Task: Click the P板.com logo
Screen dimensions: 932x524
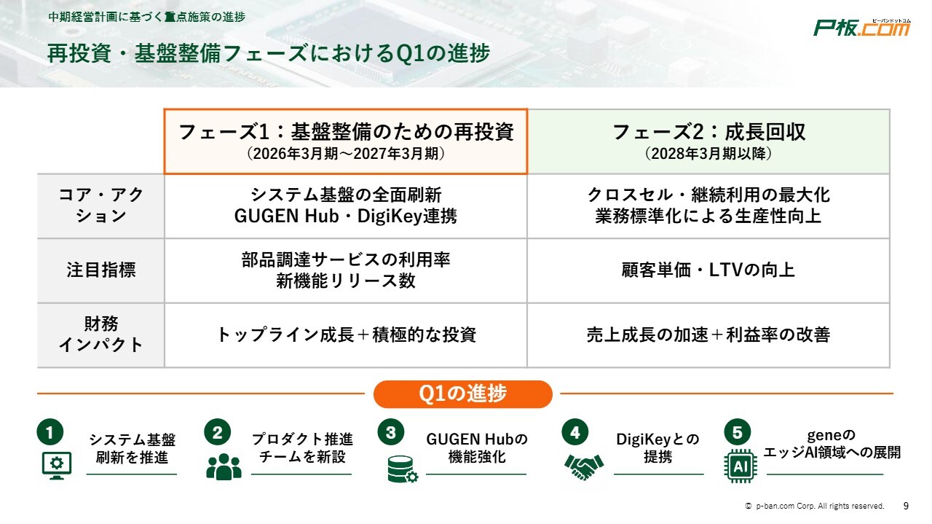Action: pos(861,28)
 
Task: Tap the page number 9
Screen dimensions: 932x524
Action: pos(906,506)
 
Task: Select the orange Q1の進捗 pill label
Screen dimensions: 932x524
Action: pos(462,394)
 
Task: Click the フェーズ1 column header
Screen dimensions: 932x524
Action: pos(346,141)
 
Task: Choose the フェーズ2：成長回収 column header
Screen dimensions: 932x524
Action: pos(708,141)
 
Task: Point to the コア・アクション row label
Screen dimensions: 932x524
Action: pos(100,206)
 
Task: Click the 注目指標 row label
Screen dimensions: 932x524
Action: pos(100,270)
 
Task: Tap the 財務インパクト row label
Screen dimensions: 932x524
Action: pos(100,335)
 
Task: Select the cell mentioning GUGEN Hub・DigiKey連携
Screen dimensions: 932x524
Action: pos(346,206)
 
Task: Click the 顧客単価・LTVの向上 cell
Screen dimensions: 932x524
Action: pos(708,270)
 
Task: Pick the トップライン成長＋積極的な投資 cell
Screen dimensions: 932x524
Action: pos(346,335)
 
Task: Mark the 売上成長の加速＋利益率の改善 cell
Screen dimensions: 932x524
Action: pos(708,335)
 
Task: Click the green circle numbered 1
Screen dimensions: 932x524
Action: pos(50,432)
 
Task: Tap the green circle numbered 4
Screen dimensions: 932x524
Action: pos(575,432)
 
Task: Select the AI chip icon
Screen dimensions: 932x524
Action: pos(741,466)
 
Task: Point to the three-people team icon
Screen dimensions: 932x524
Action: pos(224,466)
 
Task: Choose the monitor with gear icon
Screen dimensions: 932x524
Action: pos(57,466)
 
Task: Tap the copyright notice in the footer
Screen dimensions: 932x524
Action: pos(814,506)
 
